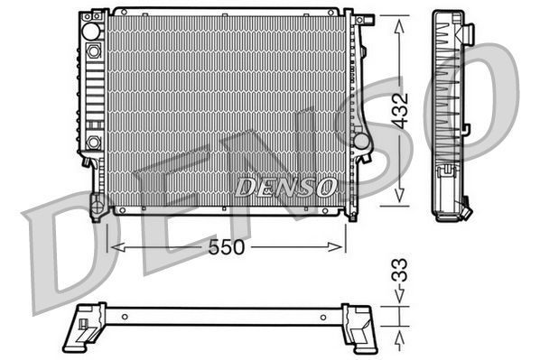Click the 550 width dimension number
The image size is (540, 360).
pos(227,247)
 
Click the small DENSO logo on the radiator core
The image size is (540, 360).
pos(287,187)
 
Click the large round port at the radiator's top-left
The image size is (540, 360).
pos(90,30)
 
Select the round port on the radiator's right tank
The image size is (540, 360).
pos(361,142)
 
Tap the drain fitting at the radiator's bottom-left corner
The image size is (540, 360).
pos(97,209)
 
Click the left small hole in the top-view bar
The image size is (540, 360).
pos(124,317)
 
